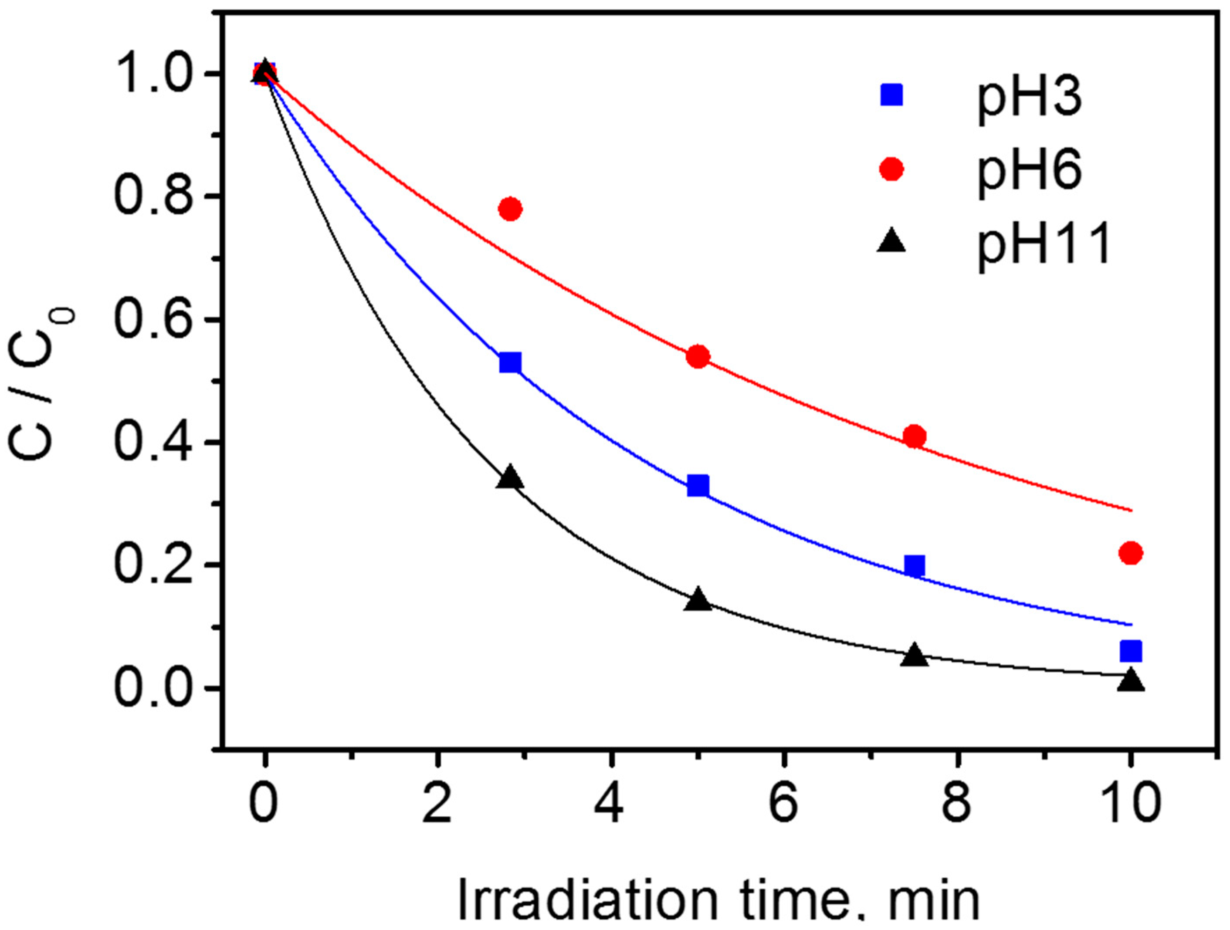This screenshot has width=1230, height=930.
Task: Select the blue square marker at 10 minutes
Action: click(1131, 650)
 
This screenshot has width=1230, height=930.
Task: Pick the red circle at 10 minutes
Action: click(1131, 552)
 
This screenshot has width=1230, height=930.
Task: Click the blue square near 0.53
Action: click(510, 363)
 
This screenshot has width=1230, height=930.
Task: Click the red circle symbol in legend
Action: click(891, 169)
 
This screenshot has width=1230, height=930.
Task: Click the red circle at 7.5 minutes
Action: click(914, 436)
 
